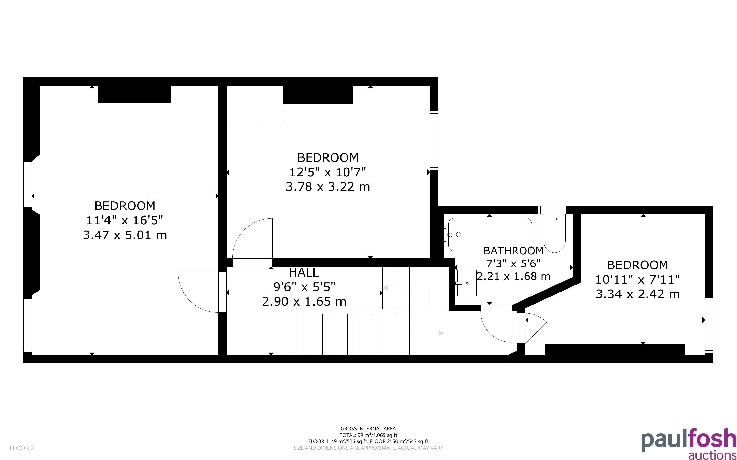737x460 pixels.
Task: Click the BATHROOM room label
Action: (513, 251)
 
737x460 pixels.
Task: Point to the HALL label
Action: (304, 272)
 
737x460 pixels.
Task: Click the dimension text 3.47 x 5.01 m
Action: (125, 235)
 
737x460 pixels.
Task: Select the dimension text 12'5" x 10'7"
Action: (327, 172)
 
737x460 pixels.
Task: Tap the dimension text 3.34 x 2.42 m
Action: (637, 294)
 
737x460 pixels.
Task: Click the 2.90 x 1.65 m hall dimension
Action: (304, 301)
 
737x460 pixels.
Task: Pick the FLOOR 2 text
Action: (22, 448)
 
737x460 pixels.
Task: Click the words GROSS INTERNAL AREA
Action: (368, 429)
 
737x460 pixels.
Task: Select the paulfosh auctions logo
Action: (689, 443)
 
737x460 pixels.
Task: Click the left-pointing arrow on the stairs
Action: (405, 288)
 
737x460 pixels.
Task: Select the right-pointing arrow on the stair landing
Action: (426, 333)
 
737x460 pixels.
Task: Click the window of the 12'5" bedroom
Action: (434, 140)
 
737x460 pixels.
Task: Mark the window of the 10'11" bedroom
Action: (709, 325)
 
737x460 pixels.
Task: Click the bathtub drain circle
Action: (459, 234)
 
